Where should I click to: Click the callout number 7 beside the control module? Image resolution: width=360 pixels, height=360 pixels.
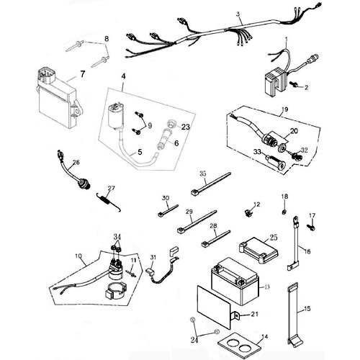tap(82, 73)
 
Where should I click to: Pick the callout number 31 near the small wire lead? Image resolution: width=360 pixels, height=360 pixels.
tap(153, 258)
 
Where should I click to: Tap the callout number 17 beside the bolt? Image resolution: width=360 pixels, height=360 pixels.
tap(312, 215)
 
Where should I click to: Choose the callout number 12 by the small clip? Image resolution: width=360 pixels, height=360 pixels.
tap(256, 205)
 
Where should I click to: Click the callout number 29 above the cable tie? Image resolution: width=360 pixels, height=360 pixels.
tap(169, 213)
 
